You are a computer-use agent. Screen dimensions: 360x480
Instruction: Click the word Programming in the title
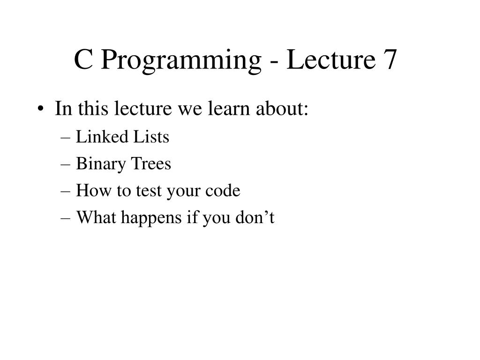180,61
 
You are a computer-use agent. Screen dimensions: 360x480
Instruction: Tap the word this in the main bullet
93,109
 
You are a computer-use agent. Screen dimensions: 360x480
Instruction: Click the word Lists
151,137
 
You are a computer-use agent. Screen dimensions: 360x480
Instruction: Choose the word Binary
98,165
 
